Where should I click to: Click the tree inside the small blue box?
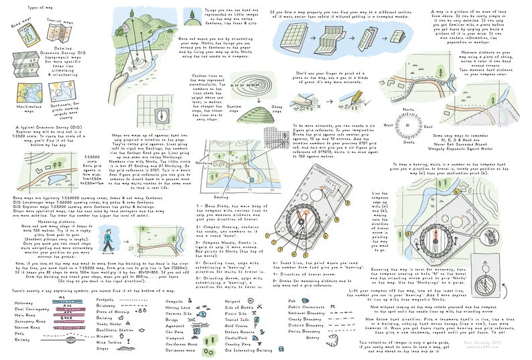(x=192, y=14)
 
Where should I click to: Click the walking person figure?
(x=125, y=235)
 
